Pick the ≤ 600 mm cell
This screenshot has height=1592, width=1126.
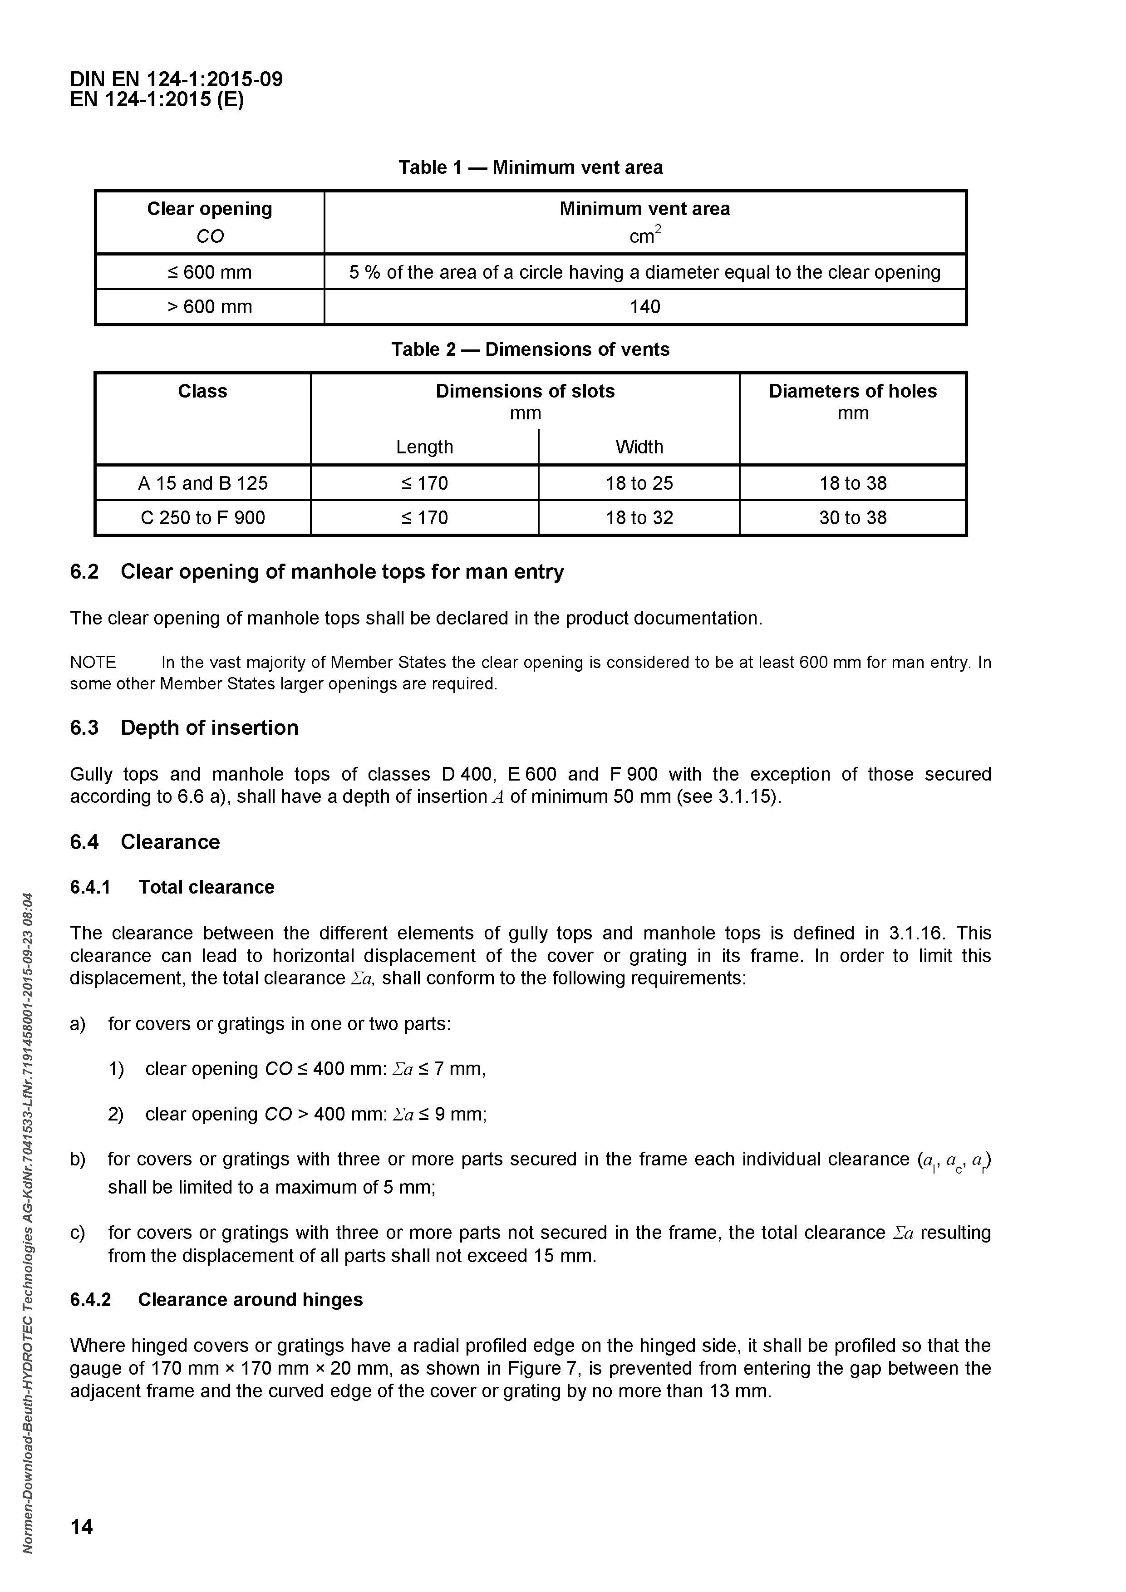coord(209,272)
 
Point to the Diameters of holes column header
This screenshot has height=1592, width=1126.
coord(852,392)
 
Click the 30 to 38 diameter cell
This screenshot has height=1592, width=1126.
coord(852,517)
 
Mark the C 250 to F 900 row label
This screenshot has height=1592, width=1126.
coord(202,517)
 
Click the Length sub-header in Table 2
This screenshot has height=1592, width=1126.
coord(424,447)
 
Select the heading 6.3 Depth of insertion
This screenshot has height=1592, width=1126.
coord(184,727)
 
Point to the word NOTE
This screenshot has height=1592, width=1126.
coord(93,663)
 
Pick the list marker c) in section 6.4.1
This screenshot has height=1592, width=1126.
coord(77,1233)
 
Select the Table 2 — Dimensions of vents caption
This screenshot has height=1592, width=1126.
coord(531,349)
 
